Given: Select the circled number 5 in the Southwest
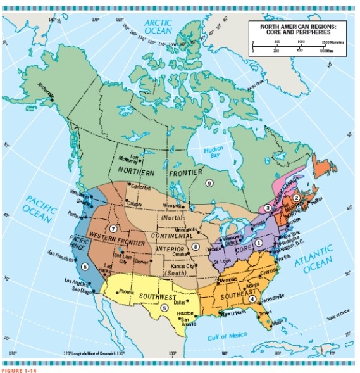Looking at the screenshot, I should pyautogui.click(x=165, y=307).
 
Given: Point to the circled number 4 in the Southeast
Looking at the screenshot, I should pyautogui.click(x=252, y=299).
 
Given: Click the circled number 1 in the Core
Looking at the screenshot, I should pyautogui.click(x=259, y=242).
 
